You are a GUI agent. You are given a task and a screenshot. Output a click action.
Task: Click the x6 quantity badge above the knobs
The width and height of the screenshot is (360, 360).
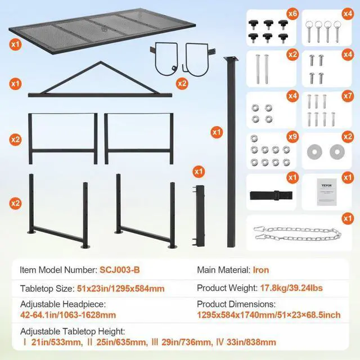pos(292,13)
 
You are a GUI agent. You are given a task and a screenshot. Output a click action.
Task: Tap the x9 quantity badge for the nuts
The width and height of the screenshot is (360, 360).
pos(292,136)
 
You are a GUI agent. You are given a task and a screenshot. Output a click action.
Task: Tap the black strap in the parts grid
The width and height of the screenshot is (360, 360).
pos(271,195)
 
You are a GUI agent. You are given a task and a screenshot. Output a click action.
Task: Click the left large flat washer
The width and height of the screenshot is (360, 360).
pos(313,151)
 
